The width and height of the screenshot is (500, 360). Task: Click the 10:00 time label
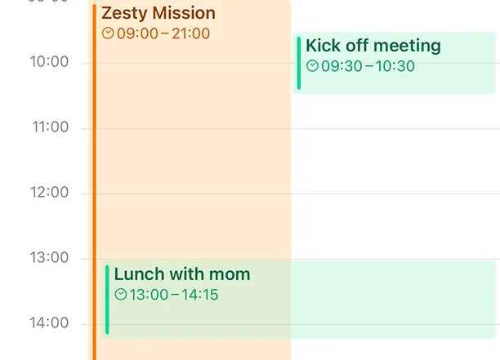click(x=49, y=62)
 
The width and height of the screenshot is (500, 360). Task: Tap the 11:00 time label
click(x=49, y=127)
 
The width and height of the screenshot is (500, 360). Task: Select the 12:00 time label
click(x=49, y=193)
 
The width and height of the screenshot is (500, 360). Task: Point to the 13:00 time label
click(x=49, y=258)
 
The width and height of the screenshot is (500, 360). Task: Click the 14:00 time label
click(x=49, y=323)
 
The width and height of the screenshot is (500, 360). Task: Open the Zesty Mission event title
click(x=158, y=13)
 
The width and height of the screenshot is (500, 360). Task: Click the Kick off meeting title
click(x=373, y=46)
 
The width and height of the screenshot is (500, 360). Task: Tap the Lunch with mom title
click(x=181, y=274)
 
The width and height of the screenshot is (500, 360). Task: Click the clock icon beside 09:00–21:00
click(x=108, y=33)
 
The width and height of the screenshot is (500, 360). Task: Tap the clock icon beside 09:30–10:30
click(x=312, y=66)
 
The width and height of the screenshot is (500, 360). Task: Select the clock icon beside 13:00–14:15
click(x=121, y=295)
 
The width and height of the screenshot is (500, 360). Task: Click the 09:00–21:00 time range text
click(x=163, y=33)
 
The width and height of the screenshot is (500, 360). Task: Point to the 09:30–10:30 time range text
click(x=368, y=66)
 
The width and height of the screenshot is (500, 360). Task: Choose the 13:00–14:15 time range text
click(x=174, y=295)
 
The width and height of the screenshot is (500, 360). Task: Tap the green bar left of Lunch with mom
click(x=107, y=299)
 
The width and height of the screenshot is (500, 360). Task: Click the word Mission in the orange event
click(x=183, y=13)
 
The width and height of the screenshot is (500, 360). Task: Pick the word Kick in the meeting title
click(x=323, y=46)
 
